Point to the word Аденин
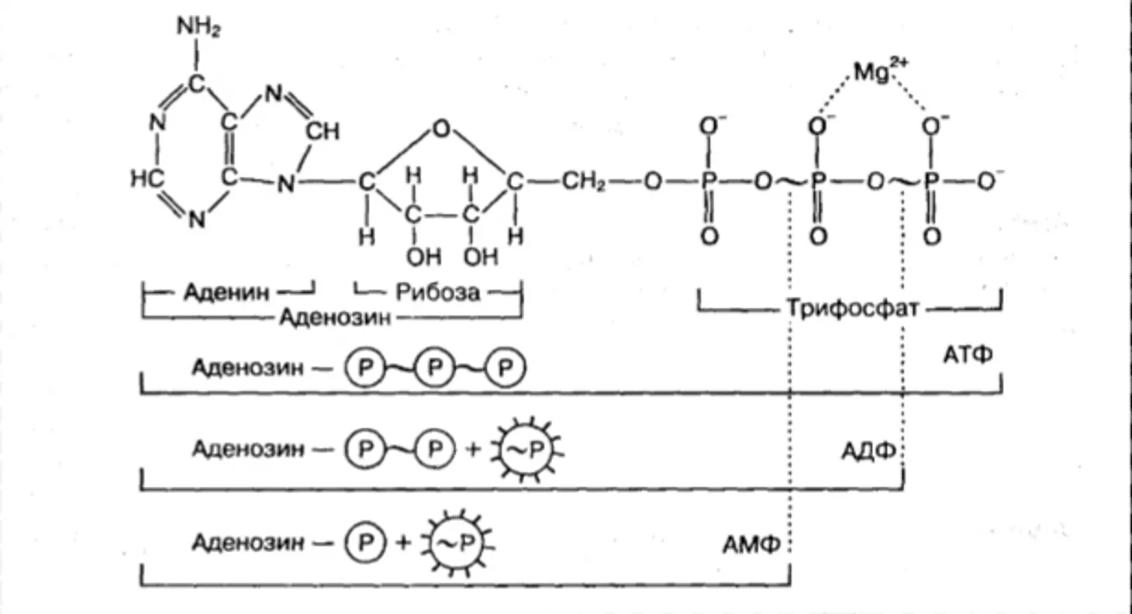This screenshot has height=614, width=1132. tap(227, 292)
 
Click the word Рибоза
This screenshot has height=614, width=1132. tap(438, 292)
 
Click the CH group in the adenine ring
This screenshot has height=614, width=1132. tap(323, 132)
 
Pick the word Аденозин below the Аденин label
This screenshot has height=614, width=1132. tap(335, 316)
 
